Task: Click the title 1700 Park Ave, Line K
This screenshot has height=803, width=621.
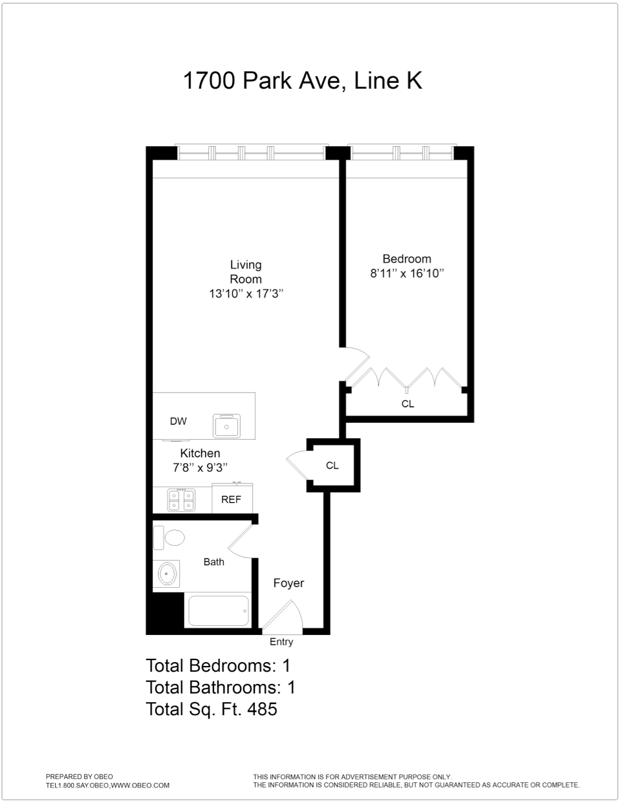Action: click(302, 81)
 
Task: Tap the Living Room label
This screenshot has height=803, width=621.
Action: click(246, 272)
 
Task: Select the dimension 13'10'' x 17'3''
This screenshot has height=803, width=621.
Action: click(246, 294)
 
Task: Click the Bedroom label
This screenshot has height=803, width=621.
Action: click(406, 259)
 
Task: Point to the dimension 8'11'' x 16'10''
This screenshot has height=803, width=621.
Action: click(406, 273)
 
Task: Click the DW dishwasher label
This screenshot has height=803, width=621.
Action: click(178, 422)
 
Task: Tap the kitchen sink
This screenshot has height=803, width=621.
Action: click(226, 426)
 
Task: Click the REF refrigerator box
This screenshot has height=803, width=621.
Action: click(232, 499)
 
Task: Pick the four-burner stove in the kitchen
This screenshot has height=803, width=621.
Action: click(181, 500)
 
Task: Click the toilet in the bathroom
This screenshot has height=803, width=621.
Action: click(169, 537)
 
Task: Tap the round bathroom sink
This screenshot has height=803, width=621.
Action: click(168, 573)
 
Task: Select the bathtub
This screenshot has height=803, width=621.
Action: click(218, 610)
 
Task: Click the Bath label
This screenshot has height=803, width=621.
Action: click(213, 562)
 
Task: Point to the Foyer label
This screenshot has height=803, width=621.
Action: click(289, 583)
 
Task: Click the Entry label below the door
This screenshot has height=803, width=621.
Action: click(281, 642)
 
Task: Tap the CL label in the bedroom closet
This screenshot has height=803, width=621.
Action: click(408, 404)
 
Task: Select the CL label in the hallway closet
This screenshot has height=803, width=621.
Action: click(332, 466)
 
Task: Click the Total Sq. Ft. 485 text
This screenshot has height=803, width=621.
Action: click(212, 709)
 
